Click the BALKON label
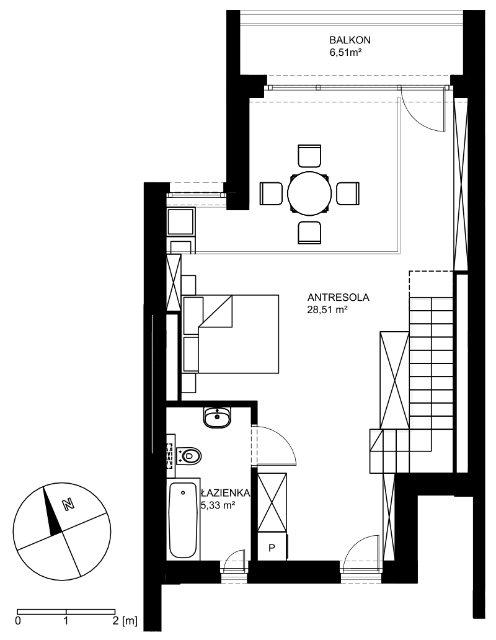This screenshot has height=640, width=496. pyautogui.click(x=350, y=40)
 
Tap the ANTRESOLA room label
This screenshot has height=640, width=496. pyautogui.click(x=339, y=297)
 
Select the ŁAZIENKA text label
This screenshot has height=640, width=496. pyautogui.click(x=225, y=493)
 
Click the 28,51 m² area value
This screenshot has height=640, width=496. pyautogui.click(x=327, y=310)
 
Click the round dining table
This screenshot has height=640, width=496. pyautogui.click(x=309, y=193)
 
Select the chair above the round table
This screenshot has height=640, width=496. pyautogui.click(x=309, y=155)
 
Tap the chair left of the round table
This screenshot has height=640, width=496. pyautogui.click(x=271, y=193)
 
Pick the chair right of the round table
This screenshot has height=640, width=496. pyautogui.click(x=348, y=193)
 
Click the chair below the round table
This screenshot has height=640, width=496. pyautogui.click(x=309, y=232)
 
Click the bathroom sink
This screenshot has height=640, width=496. pyautogui.click(x=217, y=417)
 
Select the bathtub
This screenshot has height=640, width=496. pyautogui.click(x=183, y=520)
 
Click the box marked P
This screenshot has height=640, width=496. pyautogui.click(x=272, y=547)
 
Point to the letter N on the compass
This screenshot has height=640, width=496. pyautogui.click(x=68, y=504)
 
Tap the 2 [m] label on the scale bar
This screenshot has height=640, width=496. pyautogui.click(x=125, y=621)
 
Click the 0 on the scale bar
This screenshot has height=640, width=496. pyautogui.click(x=18, y=621)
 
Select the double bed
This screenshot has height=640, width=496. pyautogui.click(x=231, y=334)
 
